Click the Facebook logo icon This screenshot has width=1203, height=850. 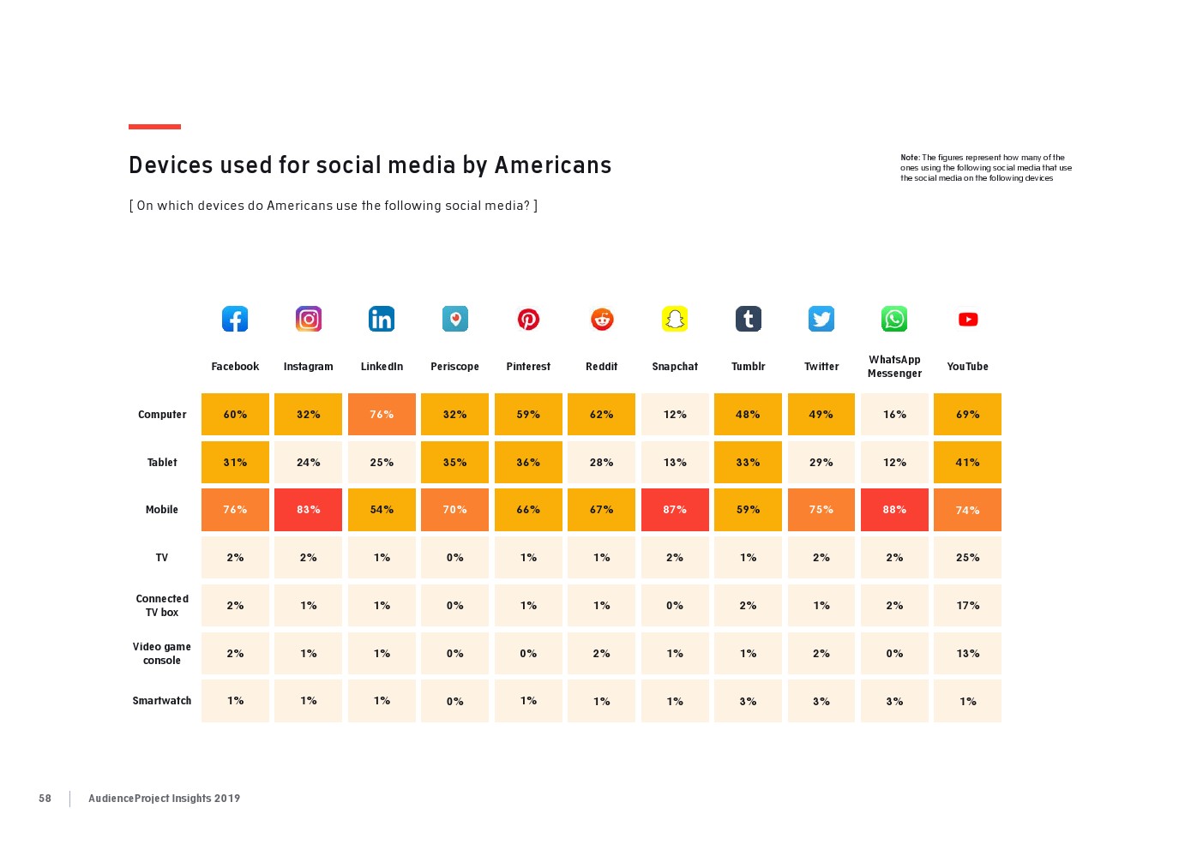point(235,319)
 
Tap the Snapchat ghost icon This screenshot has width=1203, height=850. point(675,319)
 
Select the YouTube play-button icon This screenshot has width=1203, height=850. point(968,319)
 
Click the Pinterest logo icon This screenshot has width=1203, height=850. point(528,319)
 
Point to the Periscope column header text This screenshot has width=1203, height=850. point(454,367)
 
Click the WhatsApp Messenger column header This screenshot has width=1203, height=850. point(894,367)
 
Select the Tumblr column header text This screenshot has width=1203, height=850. point(748,367)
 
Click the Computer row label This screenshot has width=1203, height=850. point(162,415)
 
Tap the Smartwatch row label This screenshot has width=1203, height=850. point(162,701)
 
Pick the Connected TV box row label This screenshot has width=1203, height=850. point(162,606)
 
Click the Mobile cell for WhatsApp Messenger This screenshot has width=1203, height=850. point(894,510)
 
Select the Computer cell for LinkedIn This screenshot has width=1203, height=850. point(382,415)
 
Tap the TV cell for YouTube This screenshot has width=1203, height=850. point(968,558)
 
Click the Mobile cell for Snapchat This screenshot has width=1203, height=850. point(675,510)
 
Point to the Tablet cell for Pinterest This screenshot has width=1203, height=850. point(528,463)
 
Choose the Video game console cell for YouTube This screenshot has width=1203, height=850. point(968,654)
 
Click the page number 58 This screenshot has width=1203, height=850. point(45,799)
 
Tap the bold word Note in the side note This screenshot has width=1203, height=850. point(909,158)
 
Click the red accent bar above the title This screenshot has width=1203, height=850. point(154,127)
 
